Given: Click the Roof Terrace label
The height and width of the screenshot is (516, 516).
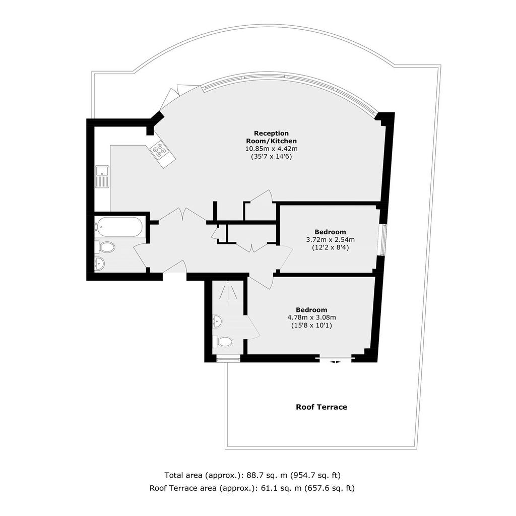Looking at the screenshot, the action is click(x=321, y=407).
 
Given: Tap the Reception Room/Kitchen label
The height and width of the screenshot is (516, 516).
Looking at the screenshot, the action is click(x=272, y=137).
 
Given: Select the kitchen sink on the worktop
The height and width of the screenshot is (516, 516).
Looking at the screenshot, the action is click(x=102, y=177).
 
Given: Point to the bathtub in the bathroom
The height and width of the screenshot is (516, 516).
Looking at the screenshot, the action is click(x=120, y=227).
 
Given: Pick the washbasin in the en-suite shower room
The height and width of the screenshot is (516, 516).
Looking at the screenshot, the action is click(x=218, y=321).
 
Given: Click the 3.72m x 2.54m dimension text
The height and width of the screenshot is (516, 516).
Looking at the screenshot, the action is click(x=331, y=239).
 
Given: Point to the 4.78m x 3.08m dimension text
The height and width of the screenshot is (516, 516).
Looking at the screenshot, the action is click(x=311, y=317).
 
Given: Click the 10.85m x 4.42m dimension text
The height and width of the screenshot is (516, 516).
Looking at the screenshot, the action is click(x=272, y=149).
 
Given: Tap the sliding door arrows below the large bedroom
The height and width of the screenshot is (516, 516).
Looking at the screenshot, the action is click(x=336, y=362).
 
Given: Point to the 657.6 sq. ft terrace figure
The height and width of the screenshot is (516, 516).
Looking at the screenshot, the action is click(x=330, y=488).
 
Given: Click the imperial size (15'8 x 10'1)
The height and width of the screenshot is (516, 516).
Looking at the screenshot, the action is click(x=311, y=326).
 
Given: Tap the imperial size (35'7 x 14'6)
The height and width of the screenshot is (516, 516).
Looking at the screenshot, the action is click(x=272, y=156).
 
